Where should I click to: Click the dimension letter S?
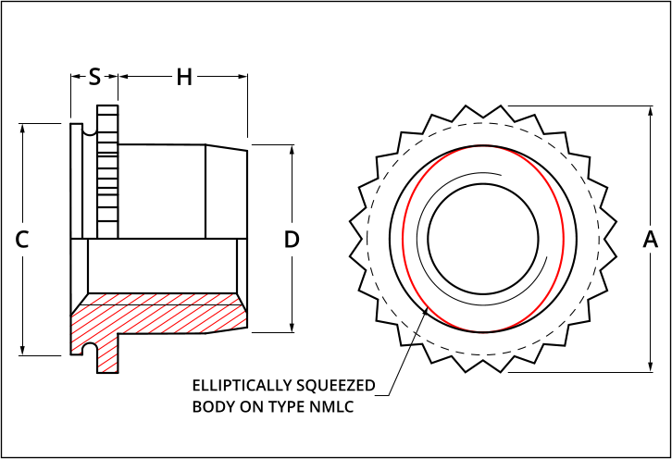pyautogui.click(x=94, y=77)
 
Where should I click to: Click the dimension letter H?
pyautogui.click(x=184, y=77)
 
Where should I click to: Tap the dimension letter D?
pyautogui.click(x=292, y=239)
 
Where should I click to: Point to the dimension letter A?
pyautogui.click(x=650, y=239)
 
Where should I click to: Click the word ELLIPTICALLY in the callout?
pyautogui.click(x=236, y=385)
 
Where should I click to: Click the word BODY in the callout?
pyautogui.click(x=212, y=406)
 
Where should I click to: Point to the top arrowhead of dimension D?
pyautogui.click(x=292, y=149)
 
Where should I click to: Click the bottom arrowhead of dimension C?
pyautogui.click(x=23, y=350)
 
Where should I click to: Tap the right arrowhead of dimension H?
pyautogui.click(x=243, y=77)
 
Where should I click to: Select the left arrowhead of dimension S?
pyautogui.click(x=74, y=77)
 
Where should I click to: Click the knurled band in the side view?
pyautogui.click(x=107, y=171)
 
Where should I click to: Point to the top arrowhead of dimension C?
pyautogui.click(x=23, y=127)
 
